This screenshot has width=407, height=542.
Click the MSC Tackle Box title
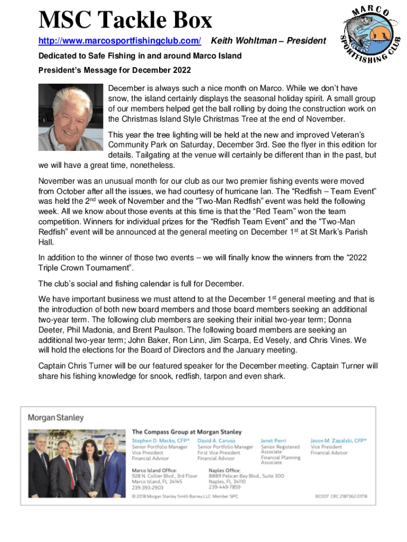point(125,21)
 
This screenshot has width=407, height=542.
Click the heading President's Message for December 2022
point(115,70)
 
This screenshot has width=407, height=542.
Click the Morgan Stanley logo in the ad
point(55,418)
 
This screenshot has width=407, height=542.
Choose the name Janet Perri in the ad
point(274,440)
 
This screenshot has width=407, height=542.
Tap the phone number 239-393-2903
point(148,487)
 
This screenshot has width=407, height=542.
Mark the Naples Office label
point(224,470)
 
